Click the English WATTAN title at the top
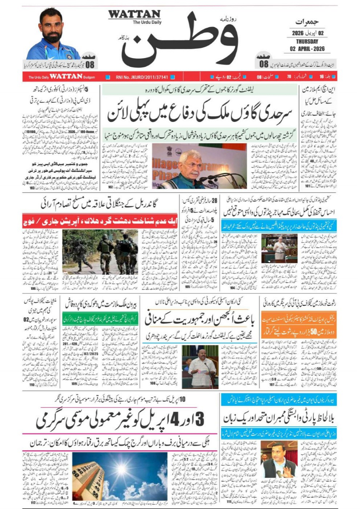pyautogui.click(x=134, y=14)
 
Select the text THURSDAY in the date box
pyautogui.click(x=307, y=41)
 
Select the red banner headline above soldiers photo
pyautogui.click(x=100, y=220)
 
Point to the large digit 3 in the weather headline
pyautogui.click(x=199, y=419)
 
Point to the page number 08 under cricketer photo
pyautogui.click(x=90, y=64)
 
